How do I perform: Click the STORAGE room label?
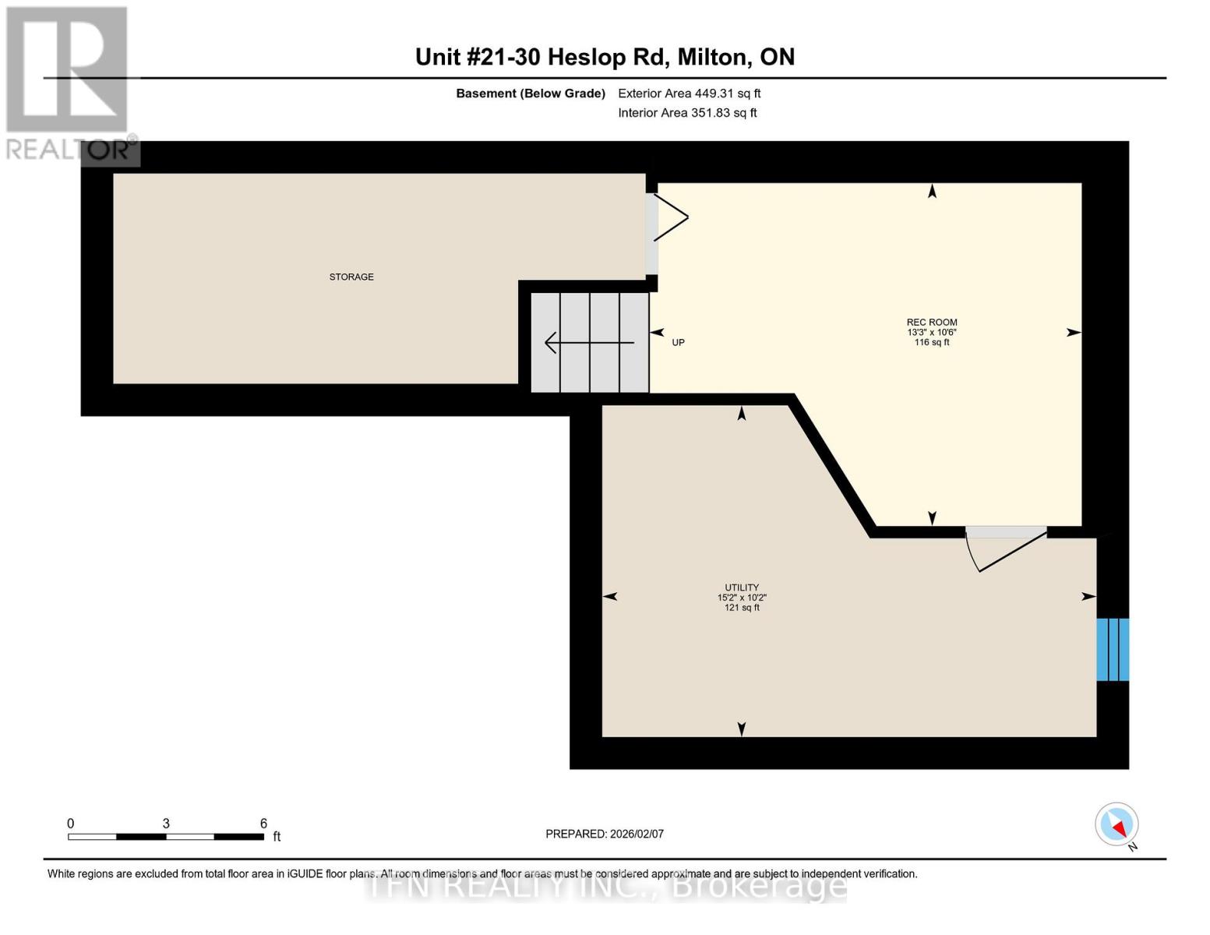coord(351,277)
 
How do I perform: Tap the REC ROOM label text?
coord(931,322)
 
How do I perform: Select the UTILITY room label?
coord(741,587)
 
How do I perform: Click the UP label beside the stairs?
coord(678,343)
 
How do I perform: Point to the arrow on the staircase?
coord(588,343)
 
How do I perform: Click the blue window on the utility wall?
coord(1112,650)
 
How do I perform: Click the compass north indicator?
coord(1117,824)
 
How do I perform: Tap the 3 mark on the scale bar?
coord(166,824)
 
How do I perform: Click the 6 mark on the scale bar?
coord(263,824)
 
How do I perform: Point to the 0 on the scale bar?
coord(70,824)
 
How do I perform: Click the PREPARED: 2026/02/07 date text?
coord(604,834)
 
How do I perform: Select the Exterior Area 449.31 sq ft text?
coord(689,93)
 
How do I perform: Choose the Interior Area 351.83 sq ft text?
coord(687,113)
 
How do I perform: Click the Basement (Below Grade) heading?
coord(530,93)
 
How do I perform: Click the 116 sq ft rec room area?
coord(931,342)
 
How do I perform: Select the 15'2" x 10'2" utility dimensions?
coord(741,598)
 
